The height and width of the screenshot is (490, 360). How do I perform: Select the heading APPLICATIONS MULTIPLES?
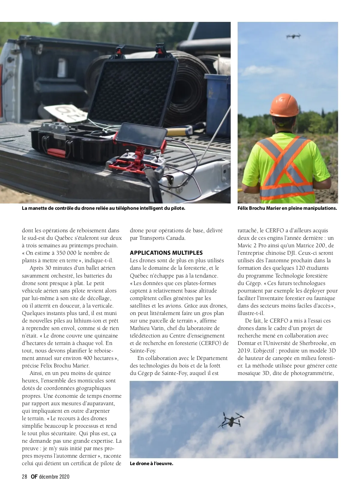tap(166, 253)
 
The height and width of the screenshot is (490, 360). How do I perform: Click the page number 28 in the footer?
tap(25, 477)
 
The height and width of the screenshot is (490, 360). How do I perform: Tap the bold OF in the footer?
tap(34, 477)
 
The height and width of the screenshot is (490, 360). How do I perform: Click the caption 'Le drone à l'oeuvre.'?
tap(151, 464)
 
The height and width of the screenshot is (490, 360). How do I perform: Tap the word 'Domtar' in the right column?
tap(247, 343)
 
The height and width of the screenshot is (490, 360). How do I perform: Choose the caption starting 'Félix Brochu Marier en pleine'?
tap(287, 208)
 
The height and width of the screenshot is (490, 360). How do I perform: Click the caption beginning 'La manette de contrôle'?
tap(103, 208)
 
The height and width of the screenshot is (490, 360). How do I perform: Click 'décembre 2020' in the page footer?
tap(54, 477)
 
